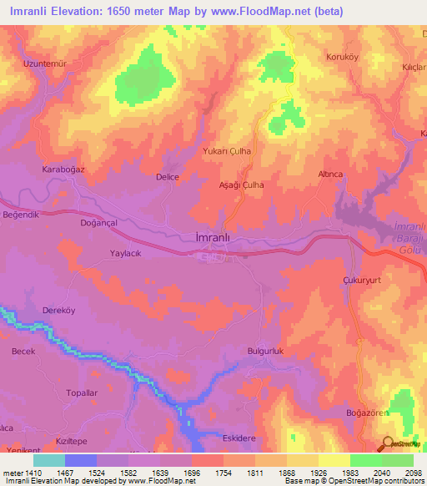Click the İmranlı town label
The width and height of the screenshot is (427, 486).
(x=206, y=238)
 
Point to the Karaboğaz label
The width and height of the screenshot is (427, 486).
(x=64, y=170)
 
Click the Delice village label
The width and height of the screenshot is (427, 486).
(x=168, y=177)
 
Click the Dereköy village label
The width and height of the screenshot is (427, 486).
(x=58, y=310)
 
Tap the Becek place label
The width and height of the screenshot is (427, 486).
(x=23, y=352)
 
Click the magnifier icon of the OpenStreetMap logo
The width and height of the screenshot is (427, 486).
(x=386, y=444)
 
